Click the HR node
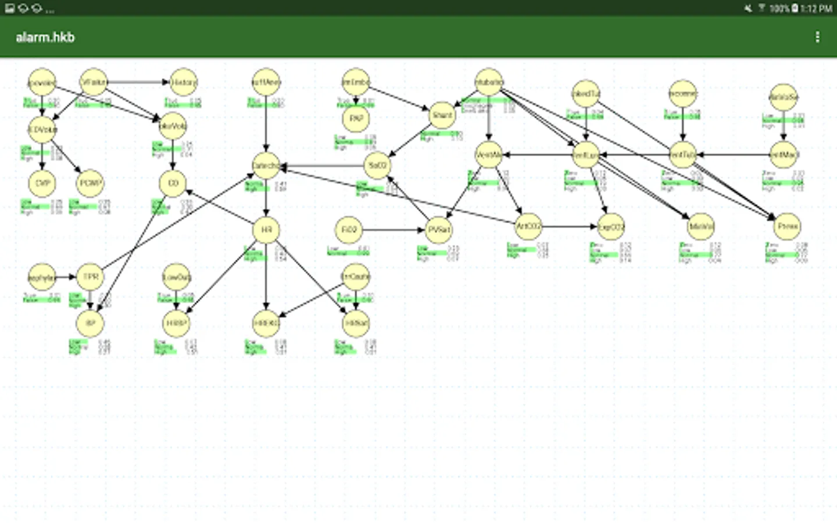point(266,230)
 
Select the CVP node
point(42,183)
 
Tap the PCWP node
point(90,183)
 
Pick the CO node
point(173,183)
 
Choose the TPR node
point(90,277)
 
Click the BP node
point(90,323)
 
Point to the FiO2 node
point(349,230)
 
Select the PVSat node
point(439,230)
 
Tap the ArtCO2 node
point(528,226)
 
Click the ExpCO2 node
point(611,227)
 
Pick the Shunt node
point(442,115)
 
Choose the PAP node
point(356,118)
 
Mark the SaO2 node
point(377,166)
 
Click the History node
point(184,83)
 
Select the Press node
point(787,226)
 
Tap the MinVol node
point(700,227)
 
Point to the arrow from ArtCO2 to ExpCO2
point(570,227)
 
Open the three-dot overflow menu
point(817,37)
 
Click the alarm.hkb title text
point(45,37)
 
